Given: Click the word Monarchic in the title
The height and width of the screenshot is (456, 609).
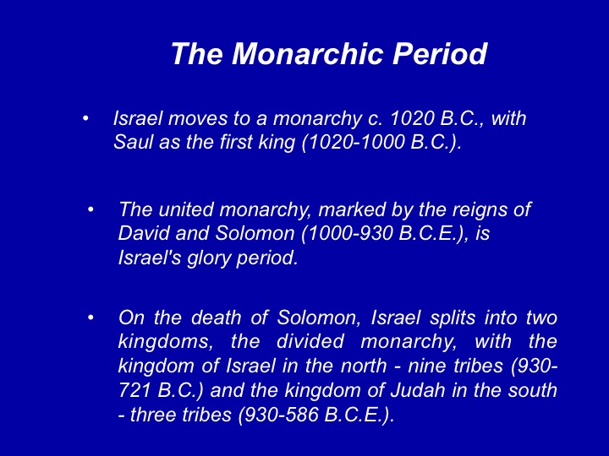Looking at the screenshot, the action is point(309,53).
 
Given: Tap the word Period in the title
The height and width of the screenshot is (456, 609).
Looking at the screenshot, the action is point(440,53).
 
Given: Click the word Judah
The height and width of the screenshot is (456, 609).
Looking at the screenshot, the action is point(418,390).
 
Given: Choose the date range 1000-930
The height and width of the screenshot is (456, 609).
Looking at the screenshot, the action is point(347,233).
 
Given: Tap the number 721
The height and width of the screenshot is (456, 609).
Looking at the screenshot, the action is point(134,390).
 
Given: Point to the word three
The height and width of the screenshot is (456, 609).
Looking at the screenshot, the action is point(155,415).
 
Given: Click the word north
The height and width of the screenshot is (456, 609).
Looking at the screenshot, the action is point(364,366).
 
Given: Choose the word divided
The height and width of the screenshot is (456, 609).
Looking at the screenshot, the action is point(310,342).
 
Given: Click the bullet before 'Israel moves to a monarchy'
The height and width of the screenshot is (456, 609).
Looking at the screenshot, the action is point(85,118).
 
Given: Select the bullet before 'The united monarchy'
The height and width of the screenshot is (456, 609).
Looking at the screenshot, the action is point(91,209).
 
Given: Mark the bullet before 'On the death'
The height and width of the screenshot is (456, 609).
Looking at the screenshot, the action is point(91,318).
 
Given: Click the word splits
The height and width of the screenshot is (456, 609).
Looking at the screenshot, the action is point(453,318).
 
